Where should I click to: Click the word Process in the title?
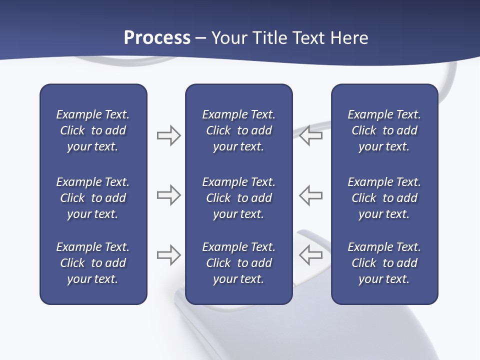[x=157, y=38]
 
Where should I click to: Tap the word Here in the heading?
[x=349, y=38]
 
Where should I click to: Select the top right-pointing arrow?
[x=168, y=135]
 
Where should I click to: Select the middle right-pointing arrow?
[x=168, y=195]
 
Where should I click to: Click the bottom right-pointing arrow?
[x=168, y=255]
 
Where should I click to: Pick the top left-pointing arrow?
[x=310, y=135]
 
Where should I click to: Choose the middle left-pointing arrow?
[x=310, y=195]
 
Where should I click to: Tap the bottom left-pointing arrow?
[x=310, y=255]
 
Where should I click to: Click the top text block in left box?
[x=93, y=130]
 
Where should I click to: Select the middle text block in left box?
[x=93, y=198]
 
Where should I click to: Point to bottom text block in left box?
[x=93, y=263]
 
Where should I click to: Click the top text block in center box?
[x=238, y=130]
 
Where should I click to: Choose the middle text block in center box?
[x=238, y=198]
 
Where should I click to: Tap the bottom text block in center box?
[x=238, y=263]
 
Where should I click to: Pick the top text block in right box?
[x=384, y=130]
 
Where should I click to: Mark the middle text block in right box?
[x=384, y=198]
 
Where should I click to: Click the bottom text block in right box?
[x=384, y=263]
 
